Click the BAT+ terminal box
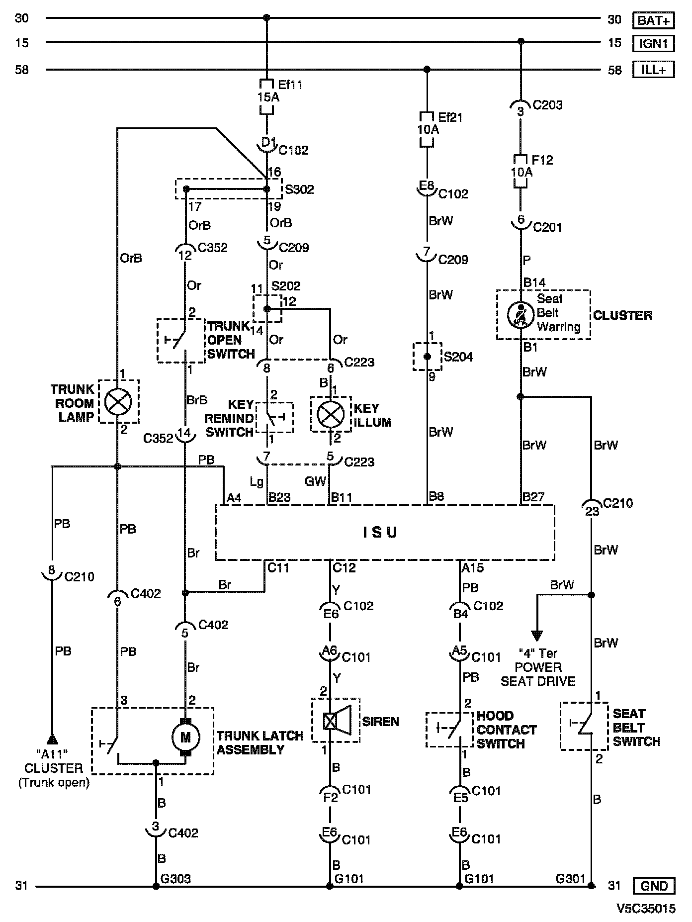click(654, 20)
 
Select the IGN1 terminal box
click(654, 44)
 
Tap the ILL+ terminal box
click(654, 70)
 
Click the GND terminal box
click(654, 886)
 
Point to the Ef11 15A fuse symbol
click(267, 96)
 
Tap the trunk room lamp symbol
click(118, 401)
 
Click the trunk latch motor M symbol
click(185, 738)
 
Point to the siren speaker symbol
click(337, 720)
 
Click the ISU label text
click(379, 533)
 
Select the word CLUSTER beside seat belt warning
click(622, 315)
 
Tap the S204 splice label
click(458, 357)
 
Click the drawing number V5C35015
click(646, 909)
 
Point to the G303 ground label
click(175, 879)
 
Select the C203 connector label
click(548, 105)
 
